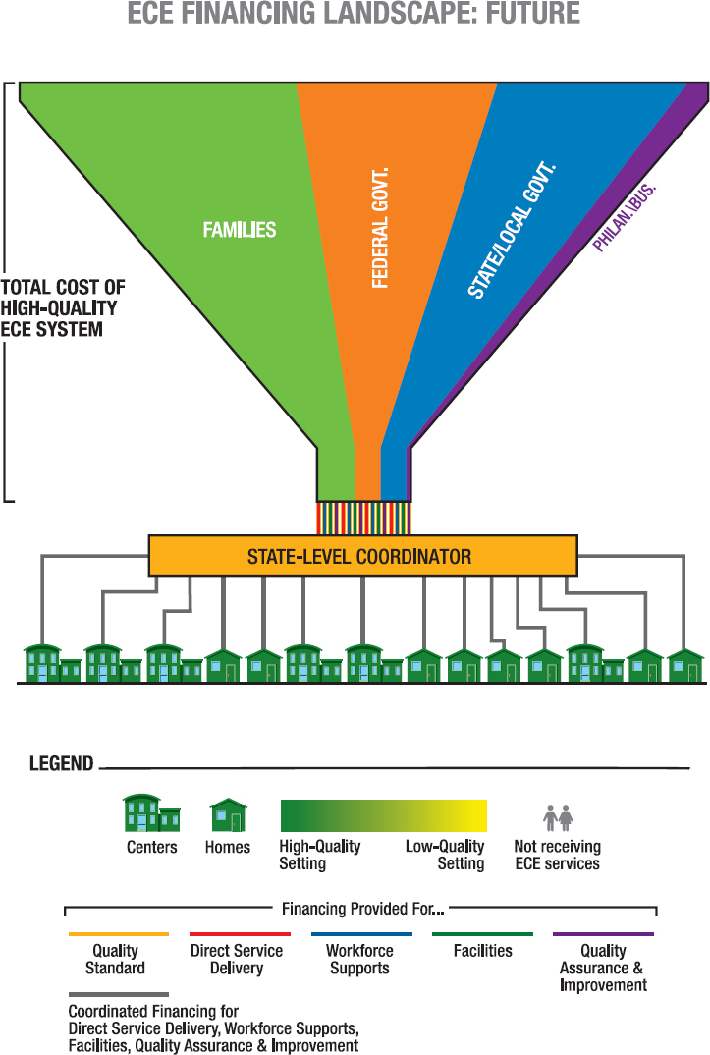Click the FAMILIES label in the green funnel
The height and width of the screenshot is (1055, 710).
coord(240,230)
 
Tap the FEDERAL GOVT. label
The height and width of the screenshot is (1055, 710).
coord(381,228)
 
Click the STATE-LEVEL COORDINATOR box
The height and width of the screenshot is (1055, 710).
coord(361,556)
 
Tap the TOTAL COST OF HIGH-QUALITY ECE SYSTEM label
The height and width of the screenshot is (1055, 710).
coord(63,308)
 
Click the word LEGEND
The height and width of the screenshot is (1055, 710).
coord(61,763)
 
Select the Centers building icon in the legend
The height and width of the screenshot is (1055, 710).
coord(151,813)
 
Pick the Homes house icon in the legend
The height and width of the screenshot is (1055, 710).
coord(228,815)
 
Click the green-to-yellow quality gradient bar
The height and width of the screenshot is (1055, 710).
coord(383,816)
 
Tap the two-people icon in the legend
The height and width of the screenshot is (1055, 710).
coord(558,817)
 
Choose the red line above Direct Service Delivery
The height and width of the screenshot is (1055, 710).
coord(237,934)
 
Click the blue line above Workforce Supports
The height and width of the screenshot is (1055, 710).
coord(360,934)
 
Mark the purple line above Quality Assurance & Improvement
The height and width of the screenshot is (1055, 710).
coord(603,934)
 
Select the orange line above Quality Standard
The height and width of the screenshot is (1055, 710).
coord(118,934)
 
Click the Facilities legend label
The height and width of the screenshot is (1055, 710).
coord(483,951)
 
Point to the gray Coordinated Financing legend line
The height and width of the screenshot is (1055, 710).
coord(118,995)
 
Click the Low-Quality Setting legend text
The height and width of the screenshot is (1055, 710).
coord(446,855)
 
